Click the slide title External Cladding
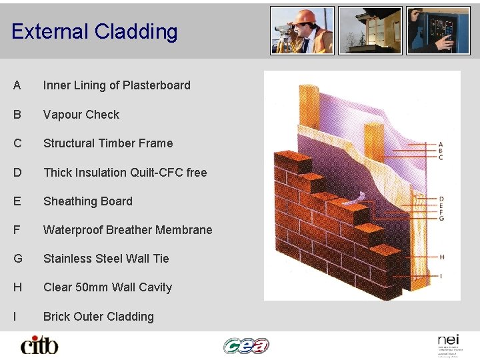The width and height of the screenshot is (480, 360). [x=94, y=31]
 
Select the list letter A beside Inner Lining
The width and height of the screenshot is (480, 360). [x=17, y=85]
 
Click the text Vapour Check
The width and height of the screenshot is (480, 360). [x=81, y=115]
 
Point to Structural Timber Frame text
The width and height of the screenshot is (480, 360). [x=108, y=143]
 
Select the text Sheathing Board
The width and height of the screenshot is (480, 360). [x=88, y=201]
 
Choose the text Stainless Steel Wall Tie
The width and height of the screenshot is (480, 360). [x=106, y=259]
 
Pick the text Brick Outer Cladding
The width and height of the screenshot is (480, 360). [x=99, y=317]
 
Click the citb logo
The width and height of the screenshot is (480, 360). [x=39, y=345]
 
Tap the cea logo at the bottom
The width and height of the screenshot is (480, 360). [x=246, y=345]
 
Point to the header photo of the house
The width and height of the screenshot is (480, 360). [x=370, y=31]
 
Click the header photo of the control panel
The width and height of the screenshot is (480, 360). [x=438, y=31]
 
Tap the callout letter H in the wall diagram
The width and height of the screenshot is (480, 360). [x=441, y=257]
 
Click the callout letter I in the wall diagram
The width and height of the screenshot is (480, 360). [x=441, y=275]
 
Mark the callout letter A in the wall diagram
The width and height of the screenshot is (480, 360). [x=441, y=144]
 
